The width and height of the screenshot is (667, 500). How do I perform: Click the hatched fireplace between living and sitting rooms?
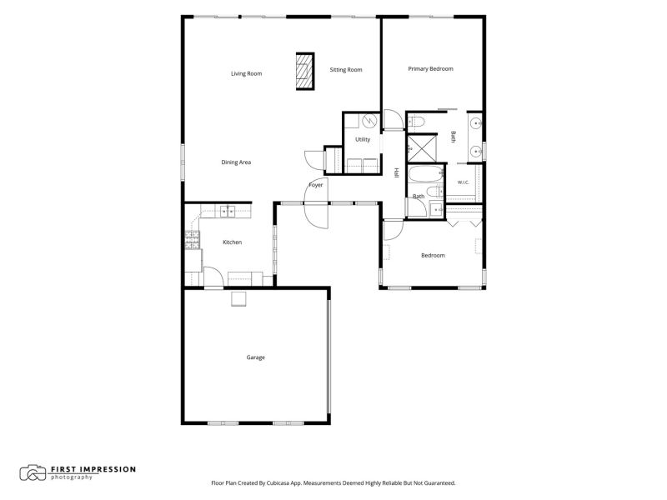[x=305, y=72]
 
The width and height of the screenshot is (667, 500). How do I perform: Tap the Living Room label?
[x=246, y=73]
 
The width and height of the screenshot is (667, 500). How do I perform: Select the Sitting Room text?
[x=346, y=70]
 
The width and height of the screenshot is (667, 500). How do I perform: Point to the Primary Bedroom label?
[x=430, y=69]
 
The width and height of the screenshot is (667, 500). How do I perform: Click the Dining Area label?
[x=236, y=162]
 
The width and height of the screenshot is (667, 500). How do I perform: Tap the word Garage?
[x=256, y=357]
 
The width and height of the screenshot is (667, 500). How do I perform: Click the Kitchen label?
[x=233, y=242]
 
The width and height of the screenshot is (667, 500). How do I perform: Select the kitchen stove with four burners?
[x=193, y=240]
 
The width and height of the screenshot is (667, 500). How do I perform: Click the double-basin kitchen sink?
[x=228, y=212]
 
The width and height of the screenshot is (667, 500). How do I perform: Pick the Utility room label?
[x=363, y=139]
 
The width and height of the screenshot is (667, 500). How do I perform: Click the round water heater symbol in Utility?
[x=369, y=121]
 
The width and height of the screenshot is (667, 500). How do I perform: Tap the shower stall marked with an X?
[x=422, y=148]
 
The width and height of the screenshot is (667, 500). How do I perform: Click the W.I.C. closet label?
[x=464, y=182]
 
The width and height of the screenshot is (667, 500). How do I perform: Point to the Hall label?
[x=397, y=172]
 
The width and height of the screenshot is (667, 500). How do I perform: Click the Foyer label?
[x=316, y=185]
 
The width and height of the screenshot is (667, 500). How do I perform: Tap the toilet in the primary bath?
[x=416, y=122]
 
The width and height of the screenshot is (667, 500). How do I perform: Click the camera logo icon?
[x=33, y=472]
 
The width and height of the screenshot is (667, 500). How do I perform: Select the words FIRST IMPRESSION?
[x=93, y=469]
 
